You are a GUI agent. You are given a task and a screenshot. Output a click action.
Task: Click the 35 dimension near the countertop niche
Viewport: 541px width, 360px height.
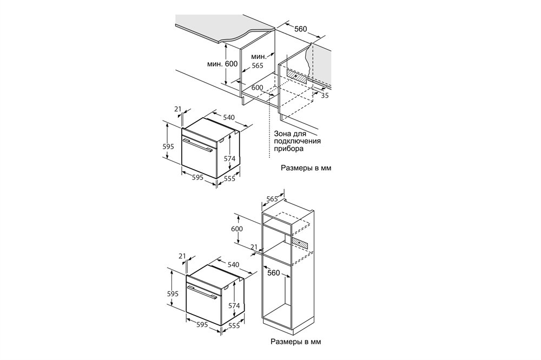click(x=325, y=96)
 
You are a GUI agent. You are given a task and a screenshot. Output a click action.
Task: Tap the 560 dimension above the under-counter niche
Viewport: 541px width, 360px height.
click(x=301, y=29)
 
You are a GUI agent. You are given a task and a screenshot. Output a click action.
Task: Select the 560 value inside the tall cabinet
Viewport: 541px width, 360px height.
click(x=273, y=273)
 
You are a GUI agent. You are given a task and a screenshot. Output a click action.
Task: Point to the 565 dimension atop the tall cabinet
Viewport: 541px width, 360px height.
click(x=272, y=199)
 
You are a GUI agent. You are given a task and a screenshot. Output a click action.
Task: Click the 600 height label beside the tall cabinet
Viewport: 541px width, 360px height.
click(x=237, y=229)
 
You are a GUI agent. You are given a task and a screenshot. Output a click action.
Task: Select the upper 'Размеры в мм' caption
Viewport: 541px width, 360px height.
click(x=306, y=168)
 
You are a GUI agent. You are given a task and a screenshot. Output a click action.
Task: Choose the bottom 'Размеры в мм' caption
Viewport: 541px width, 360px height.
click(x=296, y=342)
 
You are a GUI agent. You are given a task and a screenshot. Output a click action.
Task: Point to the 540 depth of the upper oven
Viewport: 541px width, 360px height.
click(x=229, y=117)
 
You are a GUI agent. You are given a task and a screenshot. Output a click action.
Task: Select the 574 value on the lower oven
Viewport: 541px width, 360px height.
click(x=233, y=306)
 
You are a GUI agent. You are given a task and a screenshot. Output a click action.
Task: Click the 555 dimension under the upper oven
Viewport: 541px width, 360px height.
click(x=229, y=179)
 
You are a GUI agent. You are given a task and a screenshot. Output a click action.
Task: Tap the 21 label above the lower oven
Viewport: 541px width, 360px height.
click(x=182, y=256)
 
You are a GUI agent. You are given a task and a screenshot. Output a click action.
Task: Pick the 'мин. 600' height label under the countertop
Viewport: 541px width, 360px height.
click(x=222, y=64)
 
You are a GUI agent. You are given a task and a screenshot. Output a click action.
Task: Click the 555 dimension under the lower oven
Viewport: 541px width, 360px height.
click(x=234, y=326)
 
